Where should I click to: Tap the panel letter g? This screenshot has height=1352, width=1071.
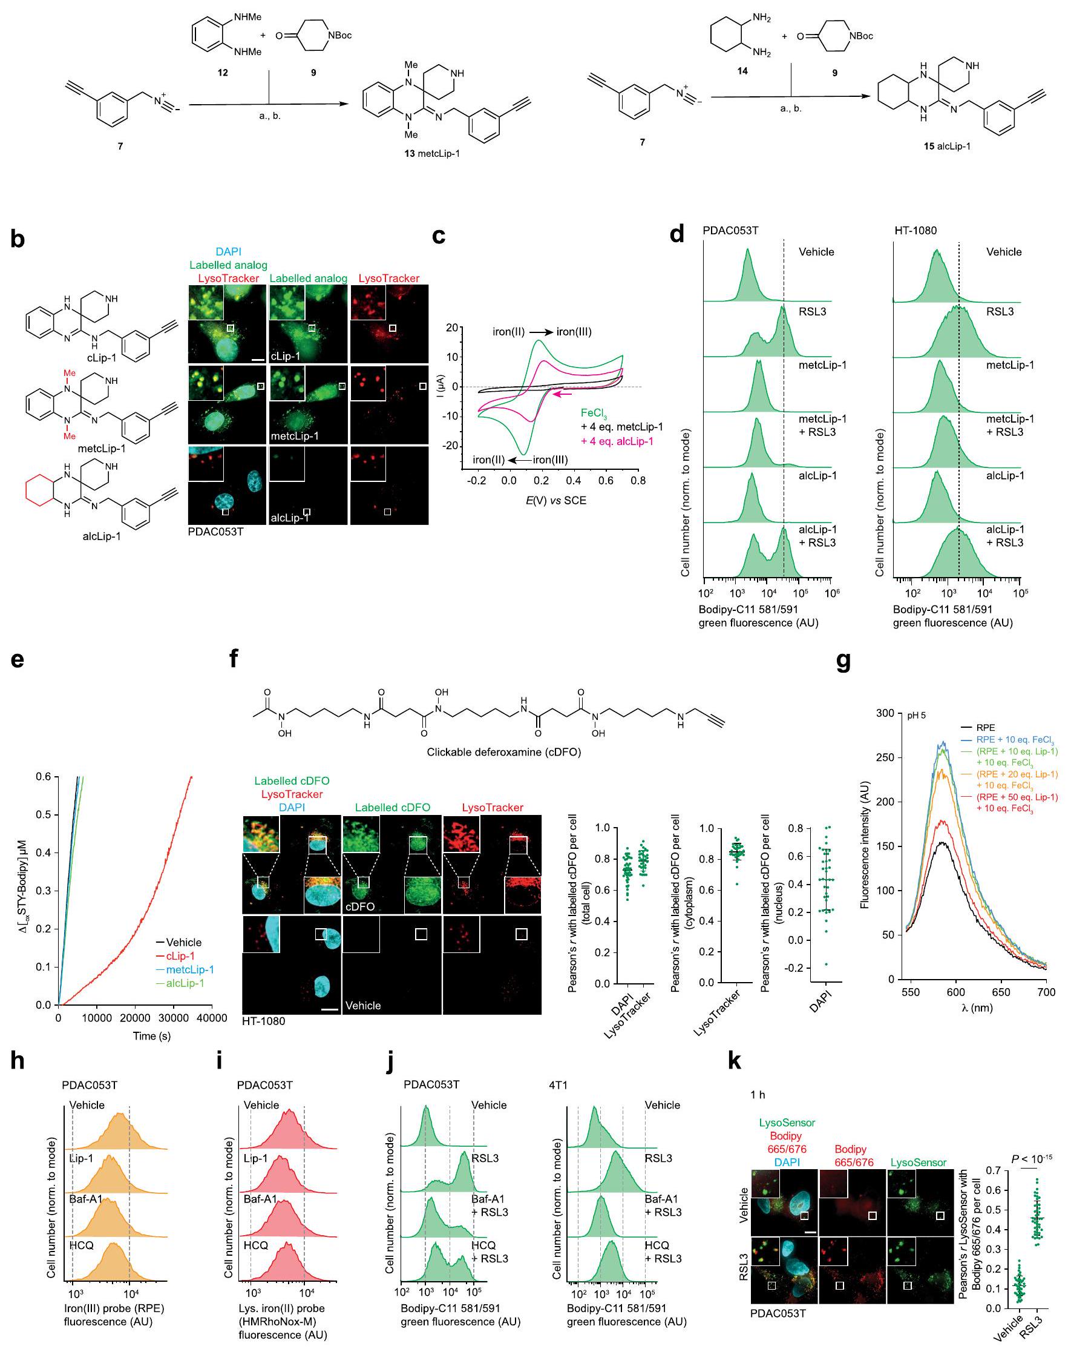(843, 660)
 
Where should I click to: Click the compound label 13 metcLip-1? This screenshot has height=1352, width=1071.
(432, 154)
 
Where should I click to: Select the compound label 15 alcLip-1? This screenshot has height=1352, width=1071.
(947, 147)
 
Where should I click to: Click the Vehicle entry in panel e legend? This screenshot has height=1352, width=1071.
(183, 942)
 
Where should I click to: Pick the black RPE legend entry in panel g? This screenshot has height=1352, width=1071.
(985, 727)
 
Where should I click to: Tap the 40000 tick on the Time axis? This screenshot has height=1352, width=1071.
(211, 1018)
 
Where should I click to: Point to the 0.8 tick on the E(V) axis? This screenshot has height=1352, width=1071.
(638, 481)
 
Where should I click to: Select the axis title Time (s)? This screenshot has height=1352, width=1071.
(152, 1035)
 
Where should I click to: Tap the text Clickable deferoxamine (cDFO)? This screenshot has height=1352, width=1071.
(503, 752)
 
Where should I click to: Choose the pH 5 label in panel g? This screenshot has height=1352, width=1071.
(916, 716)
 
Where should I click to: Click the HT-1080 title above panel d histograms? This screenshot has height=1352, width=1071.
(915, 231)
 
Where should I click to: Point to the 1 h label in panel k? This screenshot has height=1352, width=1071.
(758, 1094)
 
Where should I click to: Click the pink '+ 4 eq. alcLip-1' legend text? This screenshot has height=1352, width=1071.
(617, 441)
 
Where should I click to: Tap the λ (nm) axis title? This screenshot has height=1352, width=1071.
(977, 1007)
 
